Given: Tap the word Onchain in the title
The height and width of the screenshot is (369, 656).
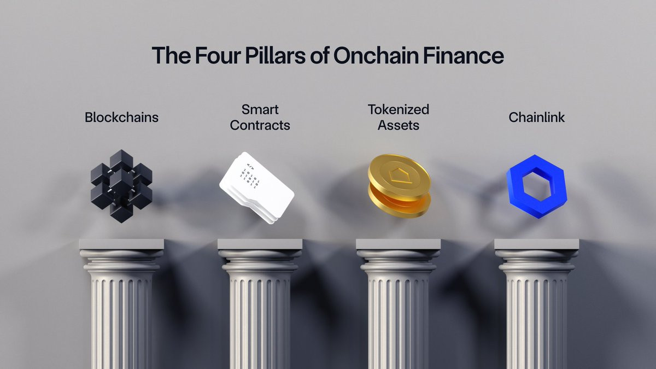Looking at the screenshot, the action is click(376, 55).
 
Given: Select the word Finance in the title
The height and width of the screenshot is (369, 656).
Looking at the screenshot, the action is click(464, 55).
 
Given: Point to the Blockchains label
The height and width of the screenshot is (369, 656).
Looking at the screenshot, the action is click(121, 118).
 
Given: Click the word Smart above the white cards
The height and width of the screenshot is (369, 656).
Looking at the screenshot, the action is click(260, 110).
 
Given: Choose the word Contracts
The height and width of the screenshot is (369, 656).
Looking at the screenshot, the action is click(260, 125).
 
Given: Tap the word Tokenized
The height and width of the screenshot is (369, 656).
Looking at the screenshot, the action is click(399, 109).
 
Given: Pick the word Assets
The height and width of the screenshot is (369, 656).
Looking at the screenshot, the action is click(399, 125).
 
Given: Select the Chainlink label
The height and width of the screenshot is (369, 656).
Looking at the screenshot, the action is click(536, 118).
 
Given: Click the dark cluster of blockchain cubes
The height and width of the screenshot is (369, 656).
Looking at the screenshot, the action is click(121, 186).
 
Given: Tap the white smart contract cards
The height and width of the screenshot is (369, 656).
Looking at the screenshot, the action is click(256, 188).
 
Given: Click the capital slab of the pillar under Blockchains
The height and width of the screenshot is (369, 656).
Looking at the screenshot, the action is click(121, 244).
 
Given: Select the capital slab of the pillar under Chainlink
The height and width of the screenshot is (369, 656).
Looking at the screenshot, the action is click(537, 244).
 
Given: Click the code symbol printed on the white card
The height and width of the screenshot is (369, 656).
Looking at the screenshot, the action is click(250, 166).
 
